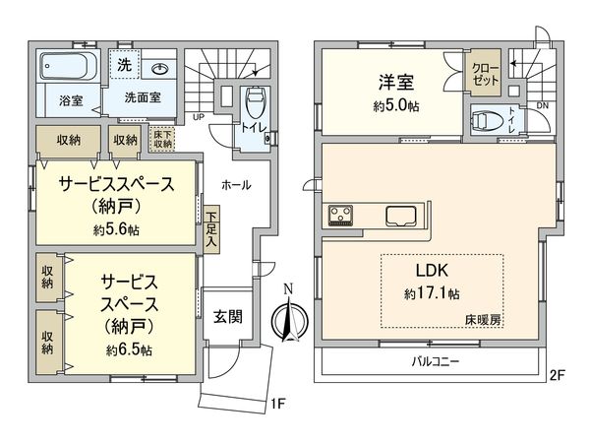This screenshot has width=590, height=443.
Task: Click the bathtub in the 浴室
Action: pos(67,69)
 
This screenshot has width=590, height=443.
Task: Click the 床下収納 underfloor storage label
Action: pos(162,139)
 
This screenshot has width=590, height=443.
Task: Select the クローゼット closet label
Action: pos(484,75)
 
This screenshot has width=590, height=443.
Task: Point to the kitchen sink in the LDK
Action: pos(401,216)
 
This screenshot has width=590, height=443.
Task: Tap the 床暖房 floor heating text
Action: pos(483,321)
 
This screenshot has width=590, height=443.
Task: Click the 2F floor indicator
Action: pos(559,374)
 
